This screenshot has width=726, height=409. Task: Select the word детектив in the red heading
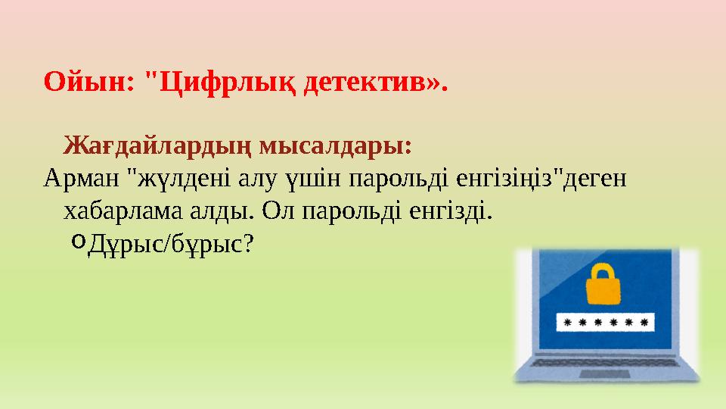(364, 81)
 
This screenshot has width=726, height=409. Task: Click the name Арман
(82, 179)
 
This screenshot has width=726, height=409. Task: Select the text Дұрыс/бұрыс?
(171, 244)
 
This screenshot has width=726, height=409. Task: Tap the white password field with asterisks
(605, 323)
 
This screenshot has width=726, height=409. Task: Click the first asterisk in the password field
(568, 323)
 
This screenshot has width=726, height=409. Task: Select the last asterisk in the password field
(644, 323)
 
